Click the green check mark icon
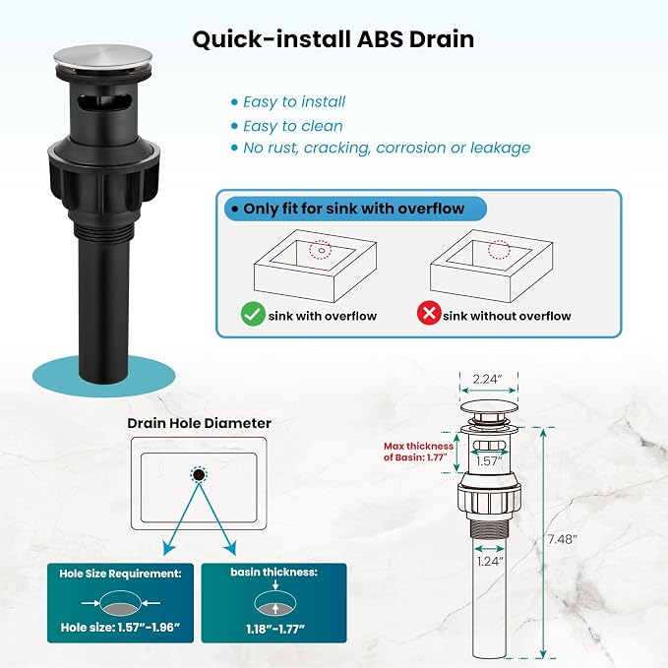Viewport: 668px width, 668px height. click(253, 314)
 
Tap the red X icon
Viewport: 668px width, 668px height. click(429, 313)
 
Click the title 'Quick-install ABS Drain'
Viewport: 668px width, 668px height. click(334, 39)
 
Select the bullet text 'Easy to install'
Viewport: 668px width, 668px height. click(294, 101)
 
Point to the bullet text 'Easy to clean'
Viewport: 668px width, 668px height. click(292, 126)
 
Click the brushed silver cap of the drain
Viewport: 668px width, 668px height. click(103, 59)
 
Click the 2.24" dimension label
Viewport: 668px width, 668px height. click(488, 379)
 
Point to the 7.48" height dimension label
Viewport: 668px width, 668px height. click(562, 539)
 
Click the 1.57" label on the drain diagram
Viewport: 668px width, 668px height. click(489, 461)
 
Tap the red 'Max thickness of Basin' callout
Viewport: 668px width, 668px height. click(418, 452)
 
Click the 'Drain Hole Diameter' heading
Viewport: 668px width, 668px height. click(200, 423)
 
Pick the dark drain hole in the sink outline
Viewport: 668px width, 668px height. click(199, 474)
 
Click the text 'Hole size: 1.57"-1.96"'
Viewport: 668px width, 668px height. click(121, 627)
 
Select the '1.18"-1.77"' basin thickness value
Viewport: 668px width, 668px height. click(275, 629)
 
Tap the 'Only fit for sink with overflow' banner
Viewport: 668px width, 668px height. click(355, 209)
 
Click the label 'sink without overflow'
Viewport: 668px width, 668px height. click(507, 316)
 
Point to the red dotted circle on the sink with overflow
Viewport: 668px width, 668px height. click(321, 250)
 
